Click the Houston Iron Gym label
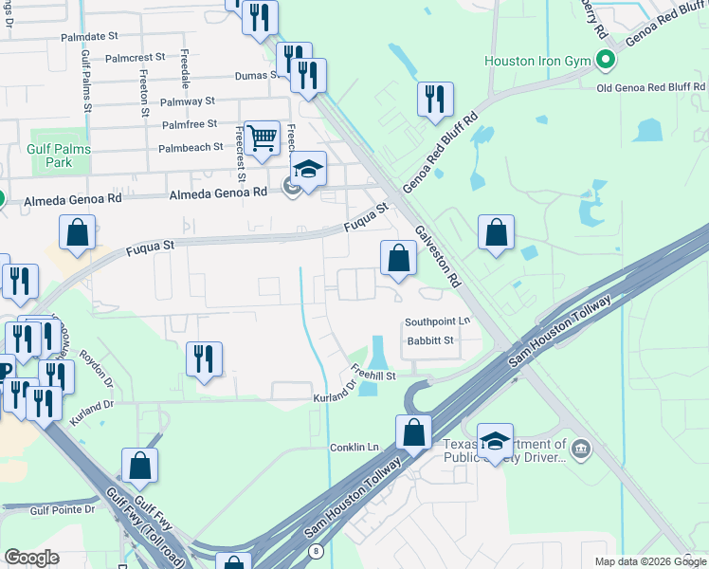536,61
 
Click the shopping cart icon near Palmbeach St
261,137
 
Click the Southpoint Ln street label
437,321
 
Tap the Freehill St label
373,371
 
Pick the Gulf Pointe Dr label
63,509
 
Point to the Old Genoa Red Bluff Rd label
651,88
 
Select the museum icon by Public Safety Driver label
581,447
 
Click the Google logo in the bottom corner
31,558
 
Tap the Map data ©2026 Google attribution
650,561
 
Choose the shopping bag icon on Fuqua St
77,231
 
